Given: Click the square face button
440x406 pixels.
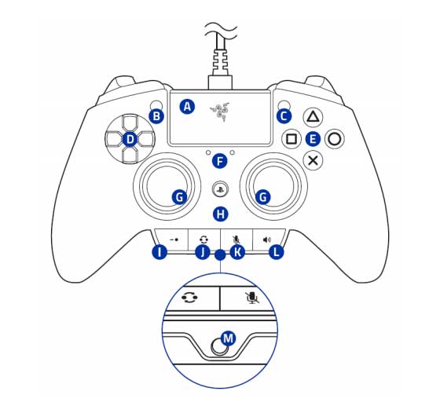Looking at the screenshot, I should pyautogui.click(x=291, y=138).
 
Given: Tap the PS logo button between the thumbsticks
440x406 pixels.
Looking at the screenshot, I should pyautogui.click(x=221, y=188).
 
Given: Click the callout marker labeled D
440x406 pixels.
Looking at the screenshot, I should pyautogui.click(x=130, y=139).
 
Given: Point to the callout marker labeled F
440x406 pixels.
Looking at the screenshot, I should pyautogui.click(x=221, y=161).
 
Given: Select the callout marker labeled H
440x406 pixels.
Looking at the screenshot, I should pyautogui.click(x=221, y=213).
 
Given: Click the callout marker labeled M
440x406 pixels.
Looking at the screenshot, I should pyautogui.click(x=229, y=338).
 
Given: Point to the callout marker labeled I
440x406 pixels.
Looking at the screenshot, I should pyautogui.click(x=159, y=252).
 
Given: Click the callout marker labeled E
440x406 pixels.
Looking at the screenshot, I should pyautogui.click(x=313, y=139).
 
